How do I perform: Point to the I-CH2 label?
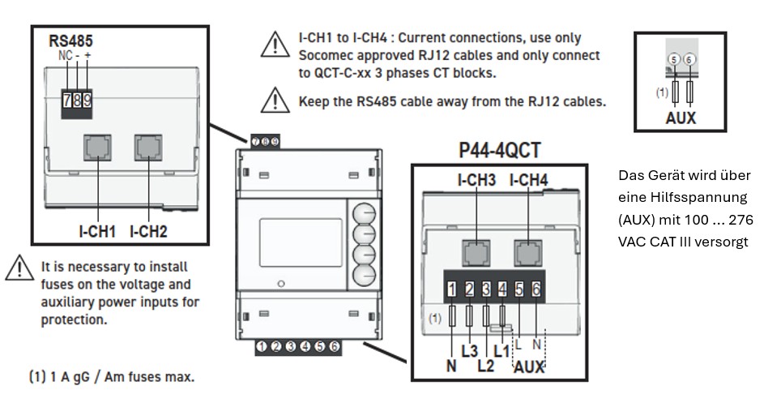(x=147, y=231)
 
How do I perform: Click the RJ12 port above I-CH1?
(x=97, y=148)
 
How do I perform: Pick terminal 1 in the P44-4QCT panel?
(x=452, y=288)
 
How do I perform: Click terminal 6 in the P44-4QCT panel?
(x=536, y=288)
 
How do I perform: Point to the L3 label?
(x=469, y=351)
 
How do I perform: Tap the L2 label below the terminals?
(x=485, y=365)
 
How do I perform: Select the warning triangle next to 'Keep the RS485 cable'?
(x=275, y=101)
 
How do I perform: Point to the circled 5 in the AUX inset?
(x=674, y=59)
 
